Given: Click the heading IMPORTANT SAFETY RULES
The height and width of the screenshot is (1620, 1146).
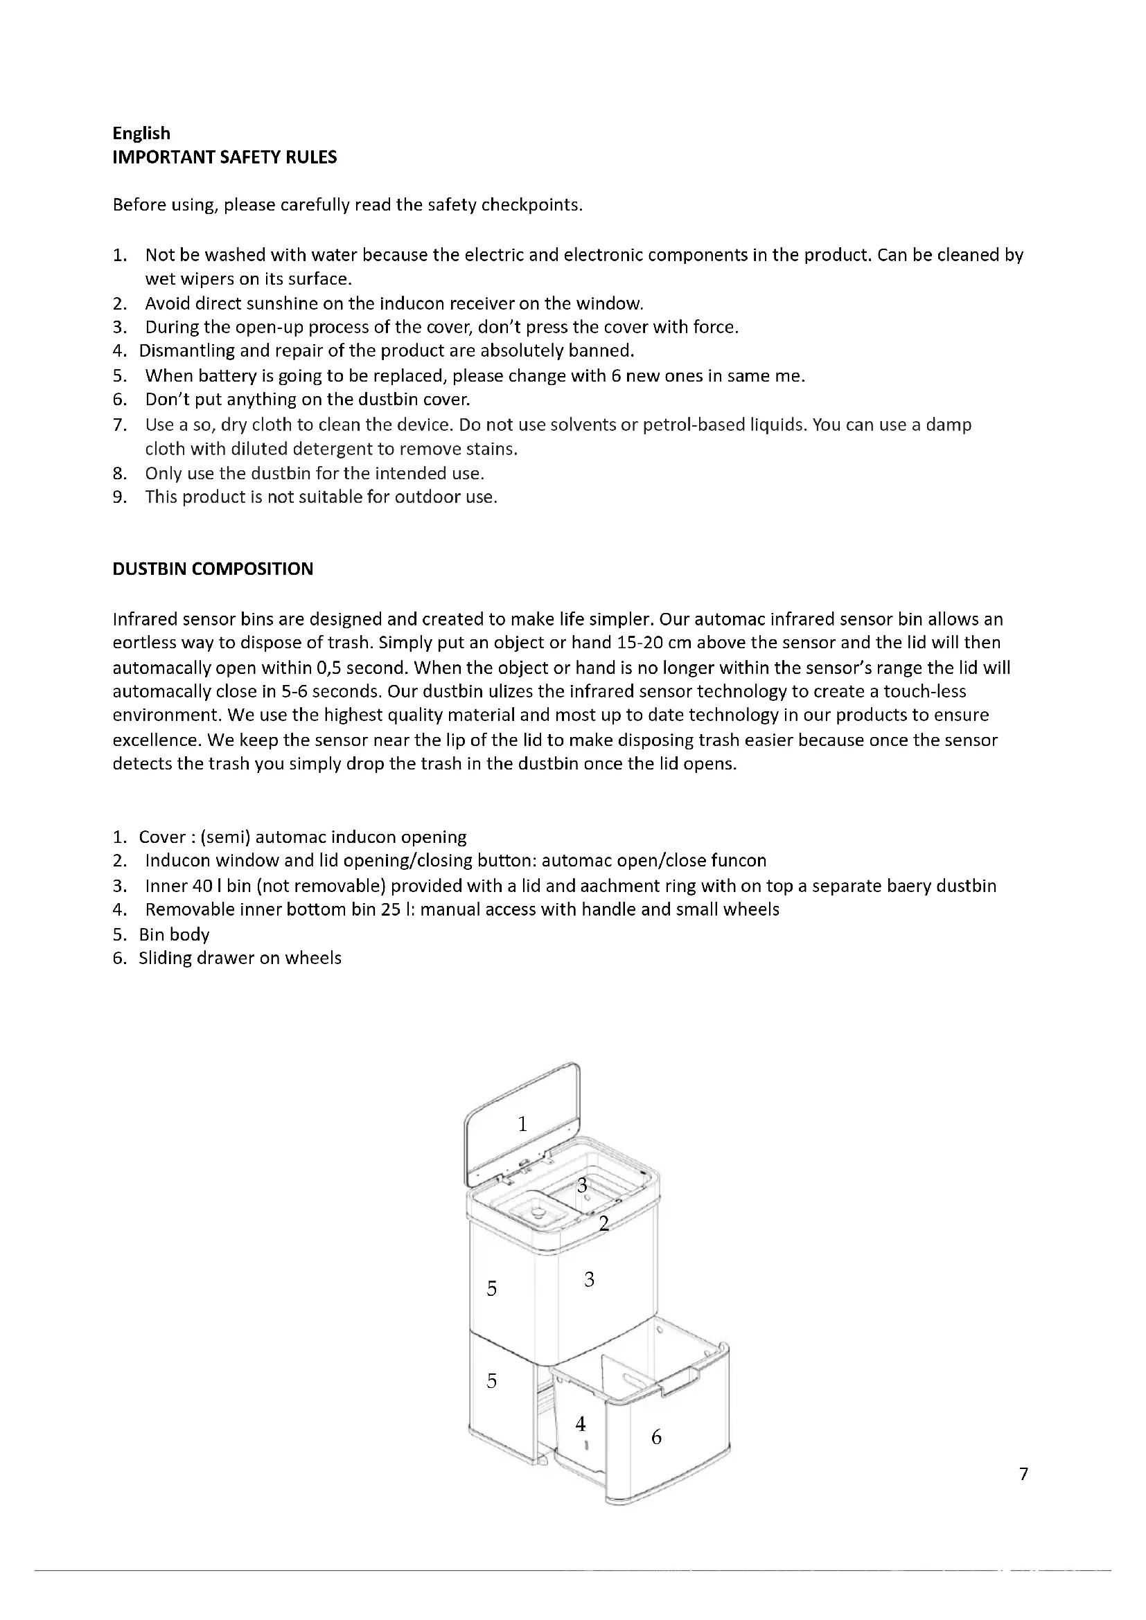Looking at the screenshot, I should tap(224, 157).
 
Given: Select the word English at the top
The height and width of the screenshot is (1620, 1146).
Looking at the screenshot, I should tap(141, 134).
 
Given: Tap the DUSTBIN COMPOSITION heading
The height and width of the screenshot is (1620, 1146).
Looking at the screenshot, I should tap(213, 569).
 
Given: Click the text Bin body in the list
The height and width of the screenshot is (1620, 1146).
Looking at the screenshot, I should tap(175, 934).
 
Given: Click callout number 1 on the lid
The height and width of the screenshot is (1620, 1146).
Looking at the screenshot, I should tap(522, 1124).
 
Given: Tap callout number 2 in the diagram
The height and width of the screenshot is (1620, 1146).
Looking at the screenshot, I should tap(603, 1223).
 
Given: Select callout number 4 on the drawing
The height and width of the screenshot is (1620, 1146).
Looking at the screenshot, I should tap(580, 1424).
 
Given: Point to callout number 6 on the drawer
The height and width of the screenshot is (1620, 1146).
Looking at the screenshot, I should tap(656, 1437).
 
